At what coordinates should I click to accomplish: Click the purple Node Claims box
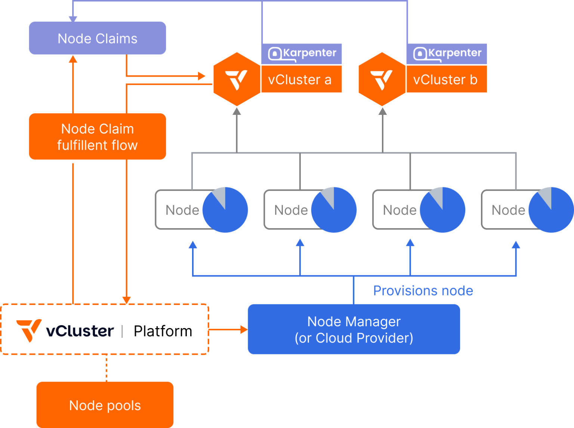(97, 38)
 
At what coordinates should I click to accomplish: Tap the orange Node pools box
(105, 405)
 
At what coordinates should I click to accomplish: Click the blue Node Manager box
(354, 329)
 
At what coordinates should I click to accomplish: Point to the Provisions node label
(423, 291)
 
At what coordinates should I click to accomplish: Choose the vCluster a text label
(300, 80)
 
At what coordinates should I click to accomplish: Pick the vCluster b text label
(445, 80)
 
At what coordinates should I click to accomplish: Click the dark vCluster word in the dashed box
(80, 331)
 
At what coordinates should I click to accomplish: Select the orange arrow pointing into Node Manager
(243, 330)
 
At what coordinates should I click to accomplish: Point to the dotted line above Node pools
(107, 368)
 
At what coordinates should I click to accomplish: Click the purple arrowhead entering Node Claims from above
(73, 19)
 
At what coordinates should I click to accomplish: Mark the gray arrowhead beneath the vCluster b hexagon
(382, 111)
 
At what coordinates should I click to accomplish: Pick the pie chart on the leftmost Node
(225, 210)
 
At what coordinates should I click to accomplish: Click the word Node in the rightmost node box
(508, 210)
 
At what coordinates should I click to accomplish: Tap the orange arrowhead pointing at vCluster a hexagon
(202, 76)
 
